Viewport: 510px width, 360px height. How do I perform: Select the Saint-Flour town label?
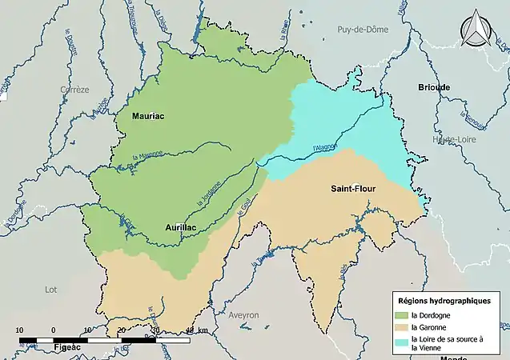click(354, 189)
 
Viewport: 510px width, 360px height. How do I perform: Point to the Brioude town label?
click(434, 87)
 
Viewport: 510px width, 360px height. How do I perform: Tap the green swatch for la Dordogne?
click(401, 315)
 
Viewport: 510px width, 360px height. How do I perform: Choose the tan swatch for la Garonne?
click(401, 327)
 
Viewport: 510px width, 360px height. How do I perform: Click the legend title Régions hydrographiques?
click(446, 300)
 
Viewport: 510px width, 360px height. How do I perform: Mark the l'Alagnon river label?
click(325, 146)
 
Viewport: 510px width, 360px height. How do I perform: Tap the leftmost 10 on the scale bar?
click(21, 330)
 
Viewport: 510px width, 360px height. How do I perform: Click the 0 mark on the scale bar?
click(53, 330)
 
